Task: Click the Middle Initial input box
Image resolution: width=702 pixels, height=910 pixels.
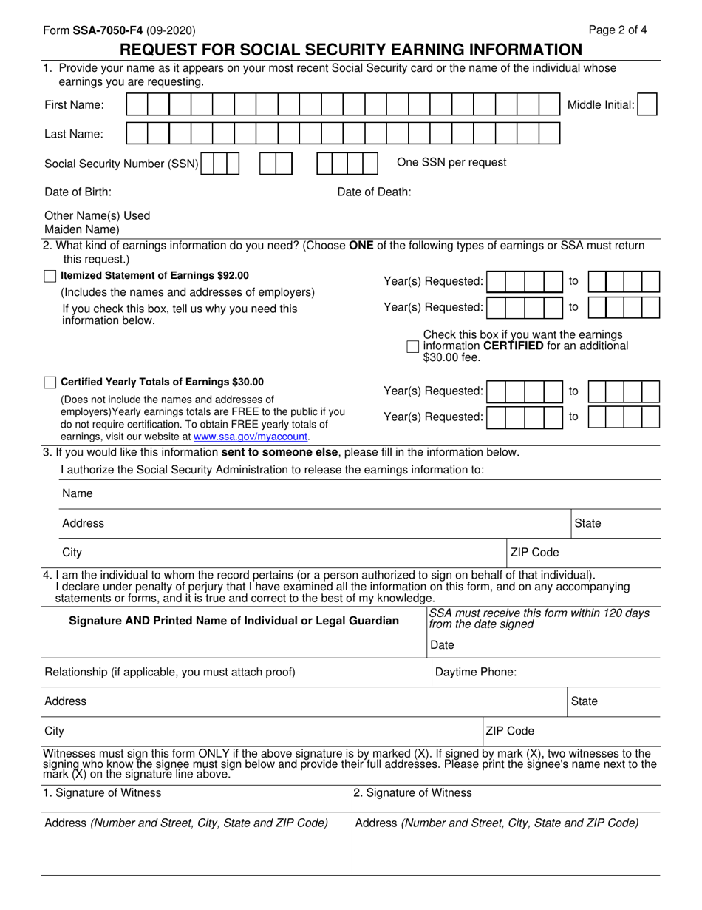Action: pos(647,105)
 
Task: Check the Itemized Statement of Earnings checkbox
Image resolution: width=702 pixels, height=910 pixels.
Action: pos(50,276)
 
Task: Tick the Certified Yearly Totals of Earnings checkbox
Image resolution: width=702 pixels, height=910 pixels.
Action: pos(50,382)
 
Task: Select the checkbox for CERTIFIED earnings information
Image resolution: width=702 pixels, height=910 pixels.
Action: pos(413,346)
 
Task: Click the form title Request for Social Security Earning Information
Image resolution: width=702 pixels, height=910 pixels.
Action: pos(351,50)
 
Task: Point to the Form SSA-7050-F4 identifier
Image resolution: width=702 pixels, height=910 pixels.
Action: pos(119,30)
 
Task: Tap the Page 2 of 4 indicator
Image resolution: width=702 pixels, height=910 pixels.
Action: pos(618,30)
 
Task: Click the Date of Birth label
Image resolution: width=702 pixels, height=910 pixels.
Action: pos(78,192)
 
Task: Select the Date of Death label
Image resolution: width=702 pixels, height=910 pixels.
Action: pos(374,192)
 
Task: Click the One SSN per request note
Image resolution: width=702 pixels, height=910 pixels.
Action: pos(451,162)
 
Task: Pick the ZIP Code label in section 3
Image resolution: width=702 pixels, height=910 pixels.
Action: pos(535,552)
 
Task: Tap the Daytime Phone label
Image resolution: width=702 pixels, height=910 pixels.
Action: pos(476,672)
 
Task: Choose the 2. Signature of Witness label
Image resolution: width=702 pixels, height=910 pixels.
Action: pos(412,792)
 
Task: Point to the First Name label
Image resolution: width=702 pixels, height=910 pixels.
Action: pos(74,105)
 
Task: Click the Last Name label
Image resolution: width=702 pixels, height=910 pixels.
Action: pos(74,134)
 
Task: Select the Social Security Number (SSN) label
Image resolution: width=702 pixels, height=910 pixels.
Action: pos(121,164)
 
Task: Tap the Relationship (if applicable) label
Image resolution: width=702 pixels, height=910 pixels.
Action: pos(170,672)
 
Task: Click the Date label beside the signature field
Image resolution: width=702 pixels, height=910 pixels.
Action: pos(442,645)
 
